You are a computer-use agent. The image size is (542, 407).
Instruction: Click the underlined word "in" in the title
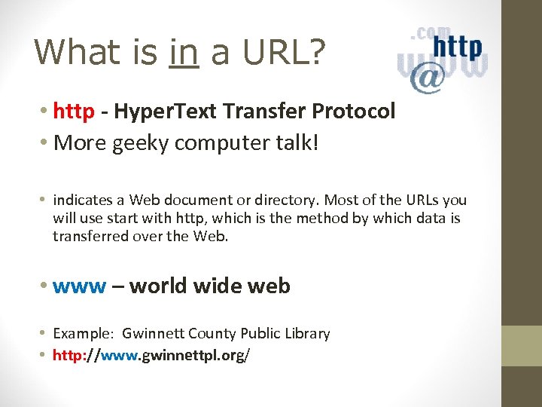(184, 52)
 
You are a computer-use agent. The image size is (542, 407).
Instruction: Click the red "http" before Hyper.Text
(74, 112)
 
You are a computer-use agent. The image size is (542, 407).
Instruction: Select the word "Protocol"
(354, 112)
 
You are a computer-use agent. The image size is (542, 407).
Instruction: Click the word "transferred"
(91, 237)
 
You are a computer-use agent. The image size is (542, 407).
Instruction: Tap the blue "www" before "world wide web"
(81, 286)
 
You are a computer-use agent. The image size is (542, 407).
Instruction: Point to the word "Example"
(82, 334)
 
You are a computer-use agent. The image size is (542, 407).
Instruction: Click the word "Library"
(306, 334)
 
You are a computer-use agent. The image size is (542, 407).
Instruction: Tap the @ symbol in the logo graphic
(427, 78)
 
